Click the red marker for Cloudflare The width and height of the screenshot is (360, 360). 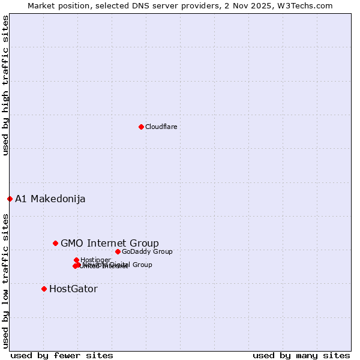(x=141, y=127)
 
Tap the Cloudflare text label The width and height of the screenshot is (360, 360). (x=161, y=127)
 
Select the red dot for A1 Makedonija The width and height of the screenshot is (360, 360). (x=10, y=199)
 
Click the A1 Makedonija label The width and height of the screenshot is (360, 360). (x=50, y=199)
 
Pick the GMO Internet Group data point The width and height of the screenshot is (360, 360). (x=55, y=243)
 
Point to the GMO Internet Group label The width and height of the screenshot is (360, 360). (x=110, y=243)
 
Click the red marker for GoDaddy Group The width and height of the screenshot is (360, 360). (x=118, y=251)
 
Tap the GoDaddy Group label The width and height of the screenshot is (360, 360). (x=147, y=252)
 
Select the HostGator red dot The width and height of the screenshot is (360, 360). (x=44, y=289)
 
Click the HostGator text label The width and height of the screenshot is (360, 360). (x=73, y=289)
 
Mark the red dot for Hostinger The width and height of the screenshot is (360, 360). (x=76, y=260)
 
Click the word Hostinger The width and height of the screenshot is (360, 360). (x=95, y=260)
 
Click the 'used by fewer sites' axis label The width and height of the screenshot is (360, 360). (x=62, y=356)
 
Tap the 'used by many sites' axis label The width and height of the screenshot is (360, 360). (x=301, y=356)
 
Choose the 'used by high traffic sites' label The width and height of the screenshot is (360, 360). (x=6, y=85)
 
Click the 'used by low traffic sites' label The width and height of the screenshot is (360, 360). (x=6, y=281)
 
